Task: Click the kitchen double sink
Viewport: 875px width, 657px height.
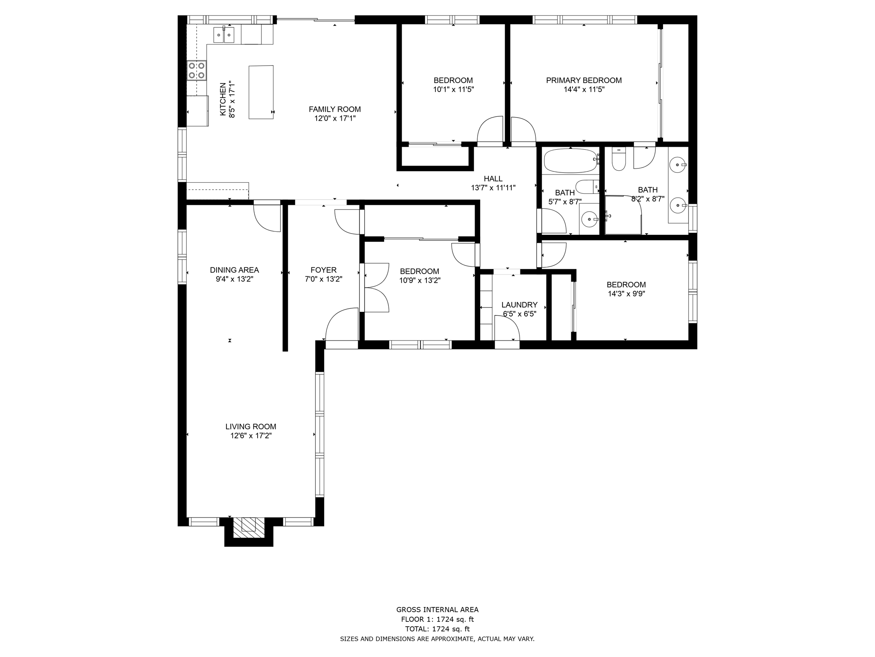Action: click(224, 35)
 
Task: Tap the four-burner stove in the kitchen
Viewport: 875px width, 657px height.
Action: click(197, 71)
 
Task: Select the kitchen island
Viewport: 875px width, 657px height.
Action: click(261, 92)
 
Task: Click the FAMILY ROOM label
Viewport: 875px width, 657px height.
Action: click(335, 109)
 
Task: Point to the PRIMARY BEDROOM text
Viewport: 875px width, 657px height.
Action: click(584, 80)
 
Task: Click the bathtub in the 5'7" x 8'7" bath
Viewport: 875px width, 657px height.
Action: click(570, 161)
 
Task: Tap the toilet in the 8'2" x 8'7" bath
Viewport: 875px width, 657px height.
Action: click(619, 160)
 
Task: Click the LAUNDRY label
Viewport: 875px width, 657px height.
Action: click(519, 305)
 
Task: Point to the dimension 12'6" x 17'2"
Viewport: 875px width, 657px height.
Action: click(251, 436)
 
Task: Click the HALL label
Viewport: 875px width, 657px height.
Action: click(493, 179)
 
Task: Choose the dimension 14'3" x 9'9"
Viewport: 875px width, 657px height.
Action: click(626, 294)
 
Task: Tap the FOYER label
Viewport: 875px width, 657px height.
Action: click(323, 270)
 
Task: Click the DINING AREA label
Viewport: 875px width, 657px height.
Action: click(234, 270)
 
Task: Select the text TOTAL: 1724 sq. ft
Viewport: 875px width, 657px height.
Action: click(437, 629)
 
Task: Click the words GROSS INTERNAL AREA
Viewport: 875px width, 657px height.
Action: click(437, 610)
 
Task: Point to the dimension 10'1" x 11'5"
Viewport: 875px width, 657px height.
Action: click(453, 90)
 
